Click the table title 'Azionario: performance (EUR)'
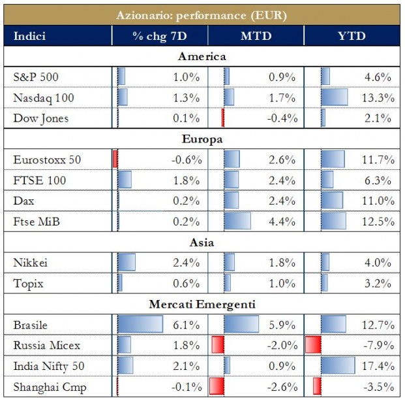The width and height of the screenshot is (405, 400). coord(202,14)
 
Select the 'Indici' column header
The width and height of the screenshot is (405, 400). coord(29,35)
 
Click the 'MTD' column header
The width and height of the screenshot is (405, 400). coord(257,35)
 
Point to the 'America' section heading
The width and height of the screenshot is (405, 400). coord(202,57)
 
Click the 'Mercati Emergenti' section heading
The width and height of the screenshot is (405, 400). coord(202,304)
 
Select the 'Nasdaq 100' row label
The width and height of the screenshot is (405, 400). coord(44,98)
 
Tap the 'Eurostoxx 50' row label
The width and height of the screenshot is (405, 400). coord(47,159)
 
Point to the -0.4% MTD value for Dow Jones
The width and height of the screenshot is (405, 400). coord(283,118)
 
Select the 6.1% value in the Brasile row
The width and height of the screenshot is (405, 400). coord(188,324)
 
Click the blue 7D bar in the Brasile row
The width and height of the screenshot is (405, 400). coord(140,324)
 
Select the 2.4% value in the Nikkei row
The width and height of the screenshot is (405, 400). coord(188,263)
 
